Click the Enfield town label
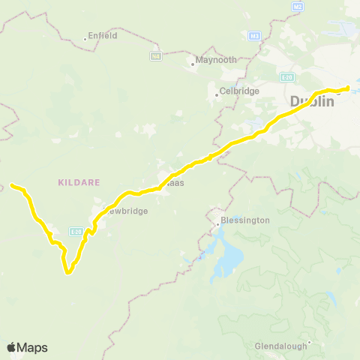pyautogui.click(x=103, y=35)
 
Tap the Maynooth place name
pyautogui.click(x=215, y=60)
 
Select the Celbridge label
pyautogui.click(x=238, y=91)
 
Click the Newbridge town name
pyautogui.click(x=124, y=211)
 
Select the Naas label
pyautogui.click(x=176, y=183)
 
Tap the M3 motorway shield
pyautogui.click(x=254, y=35)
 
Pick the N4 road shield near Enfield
pyautogui.click(x=156, y=55)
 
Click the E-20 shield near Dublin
pyautogui.click(x=286, y=76)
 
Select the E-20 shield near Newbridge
pyautogui.click(x=76, y=231)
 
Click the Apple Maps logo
pyautogui.click(x=27, y=347)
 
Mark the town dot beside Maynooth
pyautogui.click(x=193, y=64)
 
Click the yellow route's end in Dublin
pyautogui.click(x=349, y=88)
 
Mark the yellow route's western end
pyautogui.click(x=12, y=184)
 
